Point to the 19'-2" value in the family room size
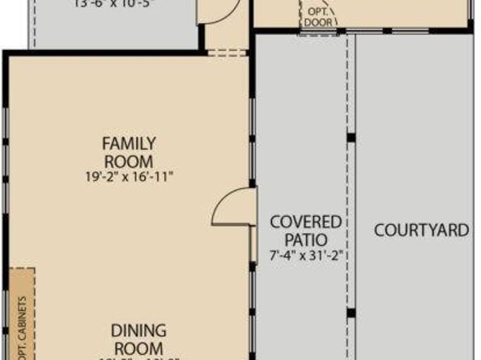tap(100, 175)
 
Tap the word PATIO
tap(305, 239)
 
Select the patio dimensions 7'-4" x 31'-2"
tap(305, 256)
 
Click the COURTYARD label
tap(421, 231)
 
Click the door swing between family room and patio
tap(232, 207)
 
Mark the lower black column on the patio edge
tap(350, 312)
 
